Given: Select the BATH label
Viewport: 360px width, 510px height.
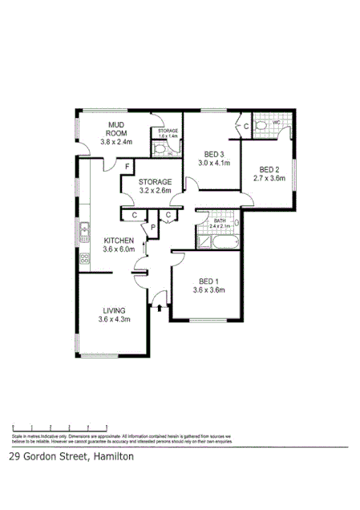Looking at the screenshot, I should point(218,221).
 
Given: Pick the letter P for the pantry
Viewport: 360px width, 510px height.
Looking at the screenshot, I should point(152,228).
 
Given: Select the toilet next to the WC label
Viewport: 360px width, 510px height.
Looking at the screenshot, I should point(261,125).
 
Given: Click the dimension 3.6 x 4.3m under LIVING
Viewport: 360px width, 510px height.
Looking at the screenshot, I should point(114,320).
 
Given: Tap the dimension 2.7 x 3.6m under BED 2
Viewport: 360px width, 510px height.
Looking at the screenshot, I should point(269,179).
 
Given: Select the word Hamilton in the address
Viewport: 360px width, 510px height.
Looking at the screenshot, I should point(111,457).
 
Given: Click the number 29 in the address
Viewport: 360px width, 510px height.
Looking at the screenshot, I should point(14,457).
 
